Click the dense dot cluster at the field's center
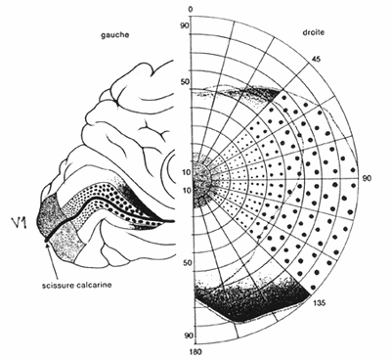coord(203,180)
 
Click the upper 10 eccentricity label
coord(183,172)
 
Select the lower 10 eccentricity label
coord(183,189)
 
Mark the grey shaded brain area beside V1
coord(48,214)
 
